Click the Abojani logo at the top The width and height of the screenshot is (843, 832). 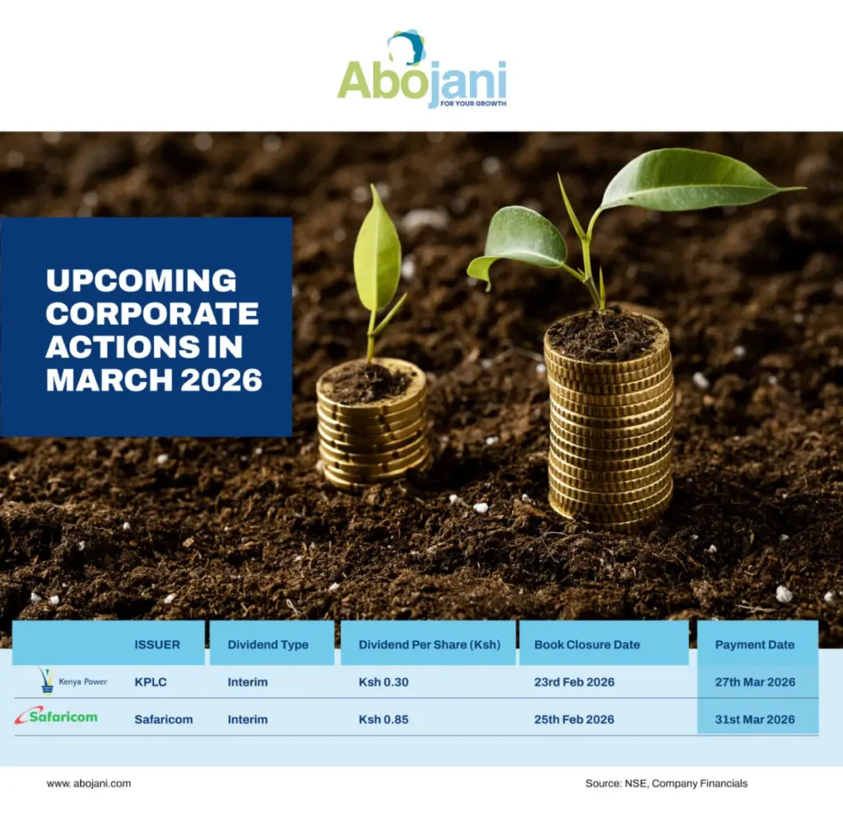click(421, 72)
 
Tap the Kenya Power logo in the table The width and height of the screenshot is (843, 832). click(72, 681)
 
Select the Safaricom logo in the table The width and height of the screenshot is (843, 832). click(56, 716)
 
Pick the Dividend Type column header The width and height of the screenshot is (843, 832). click(268, 644)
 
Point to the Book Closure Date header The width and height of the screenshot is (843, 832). click(586, 644)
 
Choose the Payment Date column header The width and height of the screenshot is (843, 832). click(755, 644)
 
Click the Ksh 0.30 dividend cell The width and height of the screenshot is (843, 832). click(384, 682)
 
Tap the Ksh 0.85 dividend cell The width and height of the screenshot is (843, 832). click(384, 719)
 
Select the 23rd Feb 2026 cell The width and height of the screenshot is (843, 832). click(574, 682)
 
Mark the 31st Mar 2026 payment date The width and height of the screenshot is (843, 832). click(755, 719)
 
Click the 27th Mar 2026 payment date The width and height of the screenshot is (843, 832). click(755, 682)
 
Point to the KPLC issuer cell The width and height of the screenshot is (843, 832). click(151, 682)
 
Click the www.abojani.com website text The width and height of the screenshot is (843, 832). click(89, 783)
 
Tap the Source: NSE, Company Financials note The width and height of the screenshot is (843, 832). click(666, 783)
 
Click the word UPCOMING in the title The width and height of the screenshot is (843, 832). click(141, 281)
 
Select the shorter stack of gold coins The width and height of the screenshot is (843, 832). click(373, 428)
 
